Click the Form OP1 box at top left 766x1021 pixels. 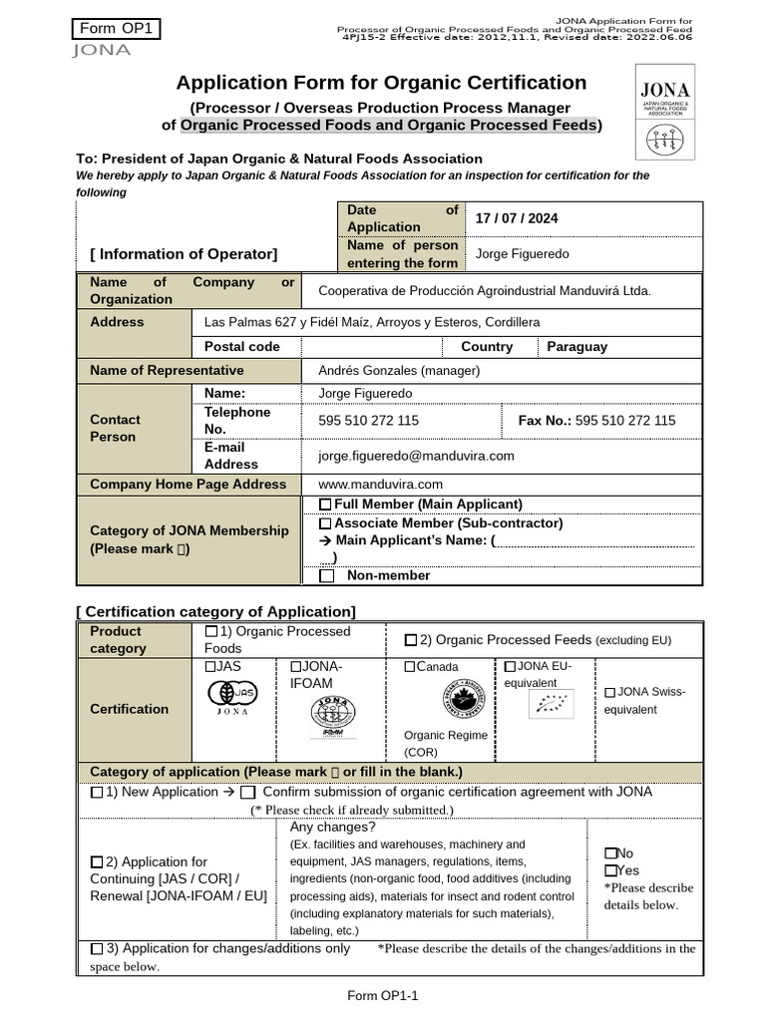[x=116, y=29]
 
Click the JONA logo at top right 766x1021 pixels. [x=664, y=112]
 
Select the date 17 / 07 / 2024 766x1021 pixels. [x=516, y=218]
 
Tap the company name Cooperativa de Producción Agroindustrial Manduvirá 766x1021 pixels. [x=484, y=291]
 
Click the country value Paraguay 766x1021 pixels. [x=576, y=347]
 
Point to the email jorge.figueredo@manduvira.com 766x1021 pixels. [x=416, y=456]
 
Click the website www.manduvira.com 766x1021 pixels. [x=380, y=485]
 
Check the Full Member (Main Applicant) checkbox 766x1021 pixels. [x=325, y=505]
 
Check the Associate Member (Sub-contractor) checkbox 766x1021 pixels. [x=325, y=523]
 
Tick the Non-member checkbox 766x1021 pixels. [x=326, y=576]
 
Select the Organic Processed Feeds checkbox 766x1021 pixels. [x=411, y=640]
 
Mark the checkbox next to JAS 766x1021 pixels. [x=210, y=667]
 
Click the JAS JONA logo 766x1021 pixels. [x=231, y=697]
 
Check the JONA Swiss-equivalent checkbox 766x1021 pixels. [x=609, y=692]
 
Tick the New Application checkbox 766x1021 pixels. [x=97, y=794]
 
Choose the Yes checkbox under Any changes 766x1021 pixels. [x=610, y=871]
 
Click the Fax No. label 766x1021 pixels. [x=545, y=421]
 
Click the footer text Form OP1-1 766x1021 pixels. [x=382, y=996]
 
